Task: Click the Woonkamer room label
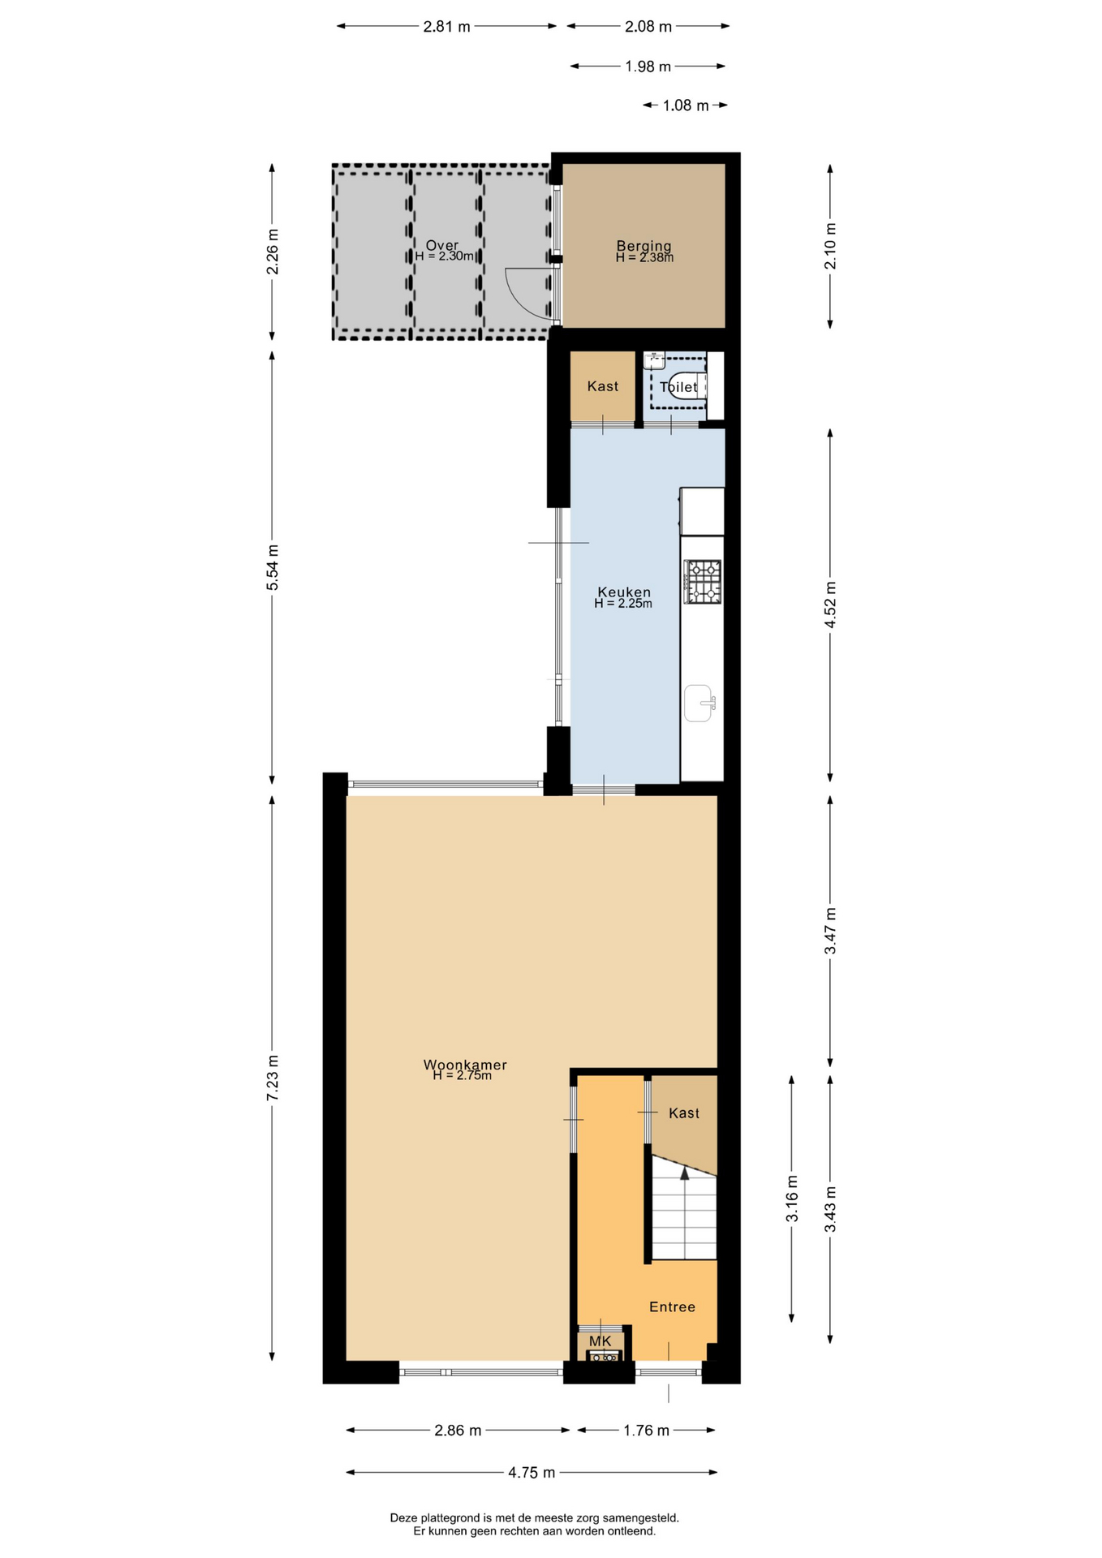(x=465, y=1065)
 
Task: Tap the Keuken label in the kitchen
(x=624, y=592)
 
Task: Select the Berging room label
(x=644, y=245)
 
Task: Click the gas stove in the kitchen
(x=703, y=582)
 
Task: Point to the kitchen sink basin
(x=699, y=703)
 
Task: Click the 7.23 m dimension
(x=273, y=1078)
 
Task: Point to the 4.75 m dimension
(x=532, y=1472)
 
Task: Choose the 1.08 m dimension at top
(x=686, y=105)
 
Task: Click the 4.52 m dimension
(x=830, y=604)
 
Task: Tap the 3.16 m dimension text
(x=792, y=1199)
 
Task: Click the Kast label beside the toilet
(x=603, y=386)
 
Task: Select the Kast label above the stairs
(x=684, y=1113)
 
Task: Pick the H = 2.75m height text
(x=462, y=1076)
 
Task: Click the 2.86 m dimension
(x=458, y=1430)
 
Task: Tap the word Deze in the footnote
(x=404, y=1517)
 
